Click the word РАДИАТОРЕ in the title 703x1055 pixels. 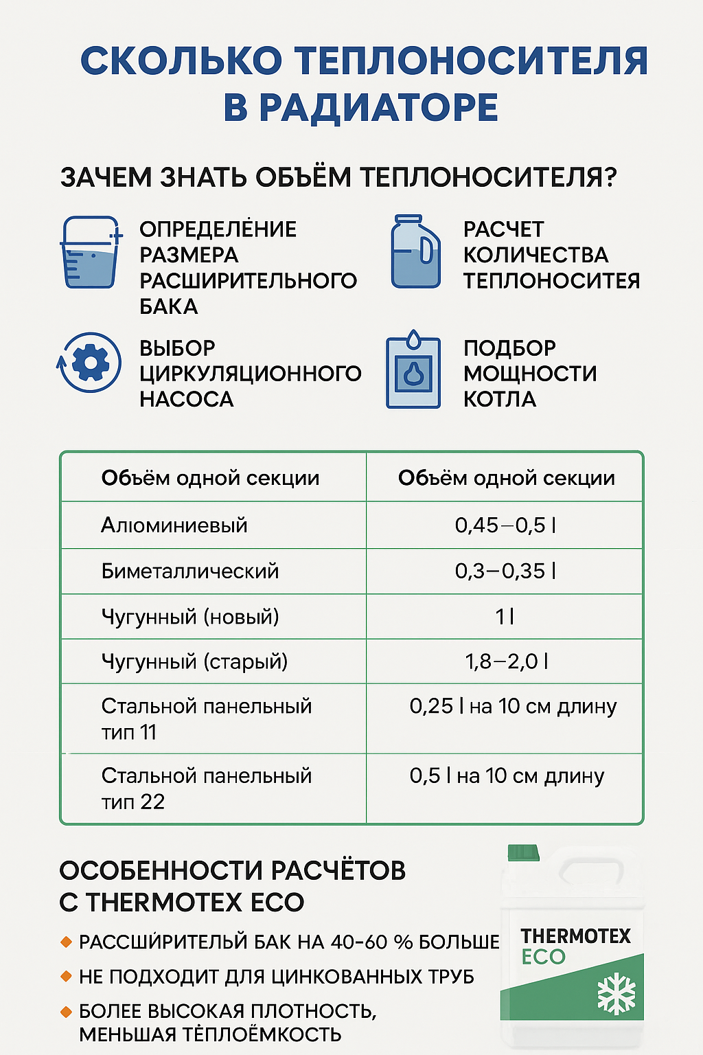361,108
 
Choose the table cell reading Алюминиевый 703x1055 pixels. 174,525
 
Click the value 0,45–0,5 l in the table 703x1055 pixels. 505,525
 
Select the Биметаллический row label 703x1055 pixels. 190,571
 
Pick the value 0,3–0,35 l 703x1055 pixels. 505,571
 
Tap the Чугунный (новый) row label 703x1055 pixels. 190,616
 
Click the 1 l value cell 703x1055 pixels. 505,616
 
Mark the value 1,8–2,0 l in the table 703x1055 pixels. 506,661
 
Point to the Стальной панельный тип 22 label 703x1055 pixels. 206,789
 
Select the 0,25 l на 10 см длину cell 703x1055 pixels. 513,707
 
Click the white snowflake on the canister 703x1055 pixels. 616,993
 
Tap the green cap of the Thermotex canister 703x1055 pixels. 523,853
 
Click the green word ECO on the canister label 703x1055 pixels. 543,957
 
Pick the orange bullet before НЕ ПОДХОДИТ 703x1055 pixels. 67,976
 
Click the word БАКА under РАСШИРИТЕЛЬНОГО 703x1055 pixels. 169,306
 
